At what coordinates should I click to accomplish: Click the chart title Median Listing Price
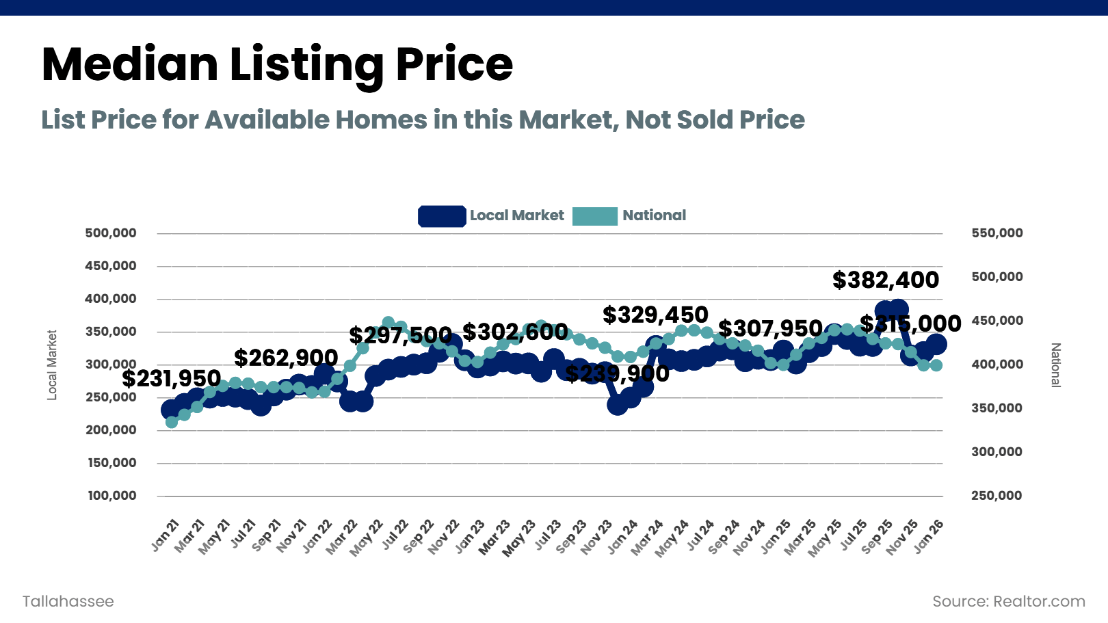click(x=277, y=64)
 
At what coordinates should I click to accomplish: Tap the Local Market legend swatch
click(x=442, y=216)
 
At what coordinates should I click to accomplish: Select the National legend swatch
click(x=594, y=216)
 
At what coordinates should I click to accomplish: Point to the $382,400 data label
click(x=886, y=280)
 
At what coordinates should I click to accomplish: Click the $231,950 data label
click(x=171, y=378)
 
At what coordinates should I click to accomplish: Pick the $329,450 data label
click(x=655, y=315)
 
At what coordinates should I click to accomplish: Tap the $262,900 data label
click(x=286, y=358)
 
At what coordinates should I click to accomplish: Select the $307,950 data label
click(x=770, y=328)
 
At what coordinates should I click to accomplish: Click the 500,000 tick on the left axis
click(x=111, y=233)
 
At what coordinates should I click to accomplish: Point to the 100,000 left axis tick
click(x=111, y=496)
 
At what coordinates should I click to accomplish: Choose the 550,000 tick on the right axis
click(x=997, y=233)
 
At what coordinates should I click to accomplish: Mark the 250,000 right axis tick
click(x=997, y=496)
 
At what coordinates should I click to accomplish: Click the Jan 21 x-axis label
click(x=166, y=535)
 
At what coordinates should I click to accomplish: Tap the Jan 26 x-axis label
click(x=929, y=535)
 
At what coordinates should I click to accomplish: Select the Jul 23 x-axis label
click(x=548, y=535)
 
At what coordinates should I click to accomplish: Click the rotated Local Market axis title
click(x=52, y=364)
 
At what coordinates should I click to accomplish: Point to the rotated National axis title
click(x=1055, y=364)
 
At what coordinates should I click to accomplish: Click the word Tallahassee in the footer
click(x=68, y=602)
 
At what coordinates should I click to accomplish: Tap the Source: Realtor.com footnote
click(x=1009, y=602)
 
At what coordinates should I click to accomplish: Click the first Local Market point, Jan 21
click(x=171, y=410)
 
